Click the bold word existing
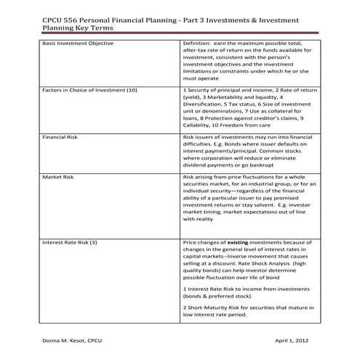[x=238, y=242]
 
